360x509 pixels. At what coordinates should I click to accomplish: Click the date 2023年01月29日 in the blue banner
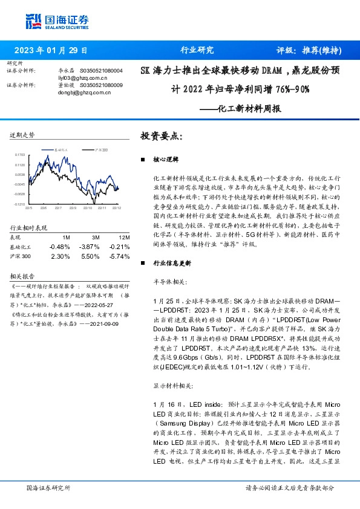point(51,51)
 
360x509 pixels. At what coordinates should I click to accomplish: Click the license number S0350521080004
point(100,71)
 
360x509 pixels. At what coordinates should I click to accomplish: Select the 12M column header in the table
point(115,237)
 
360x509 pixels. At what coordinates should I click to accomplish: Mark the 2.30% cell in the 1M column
point(61,256)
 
